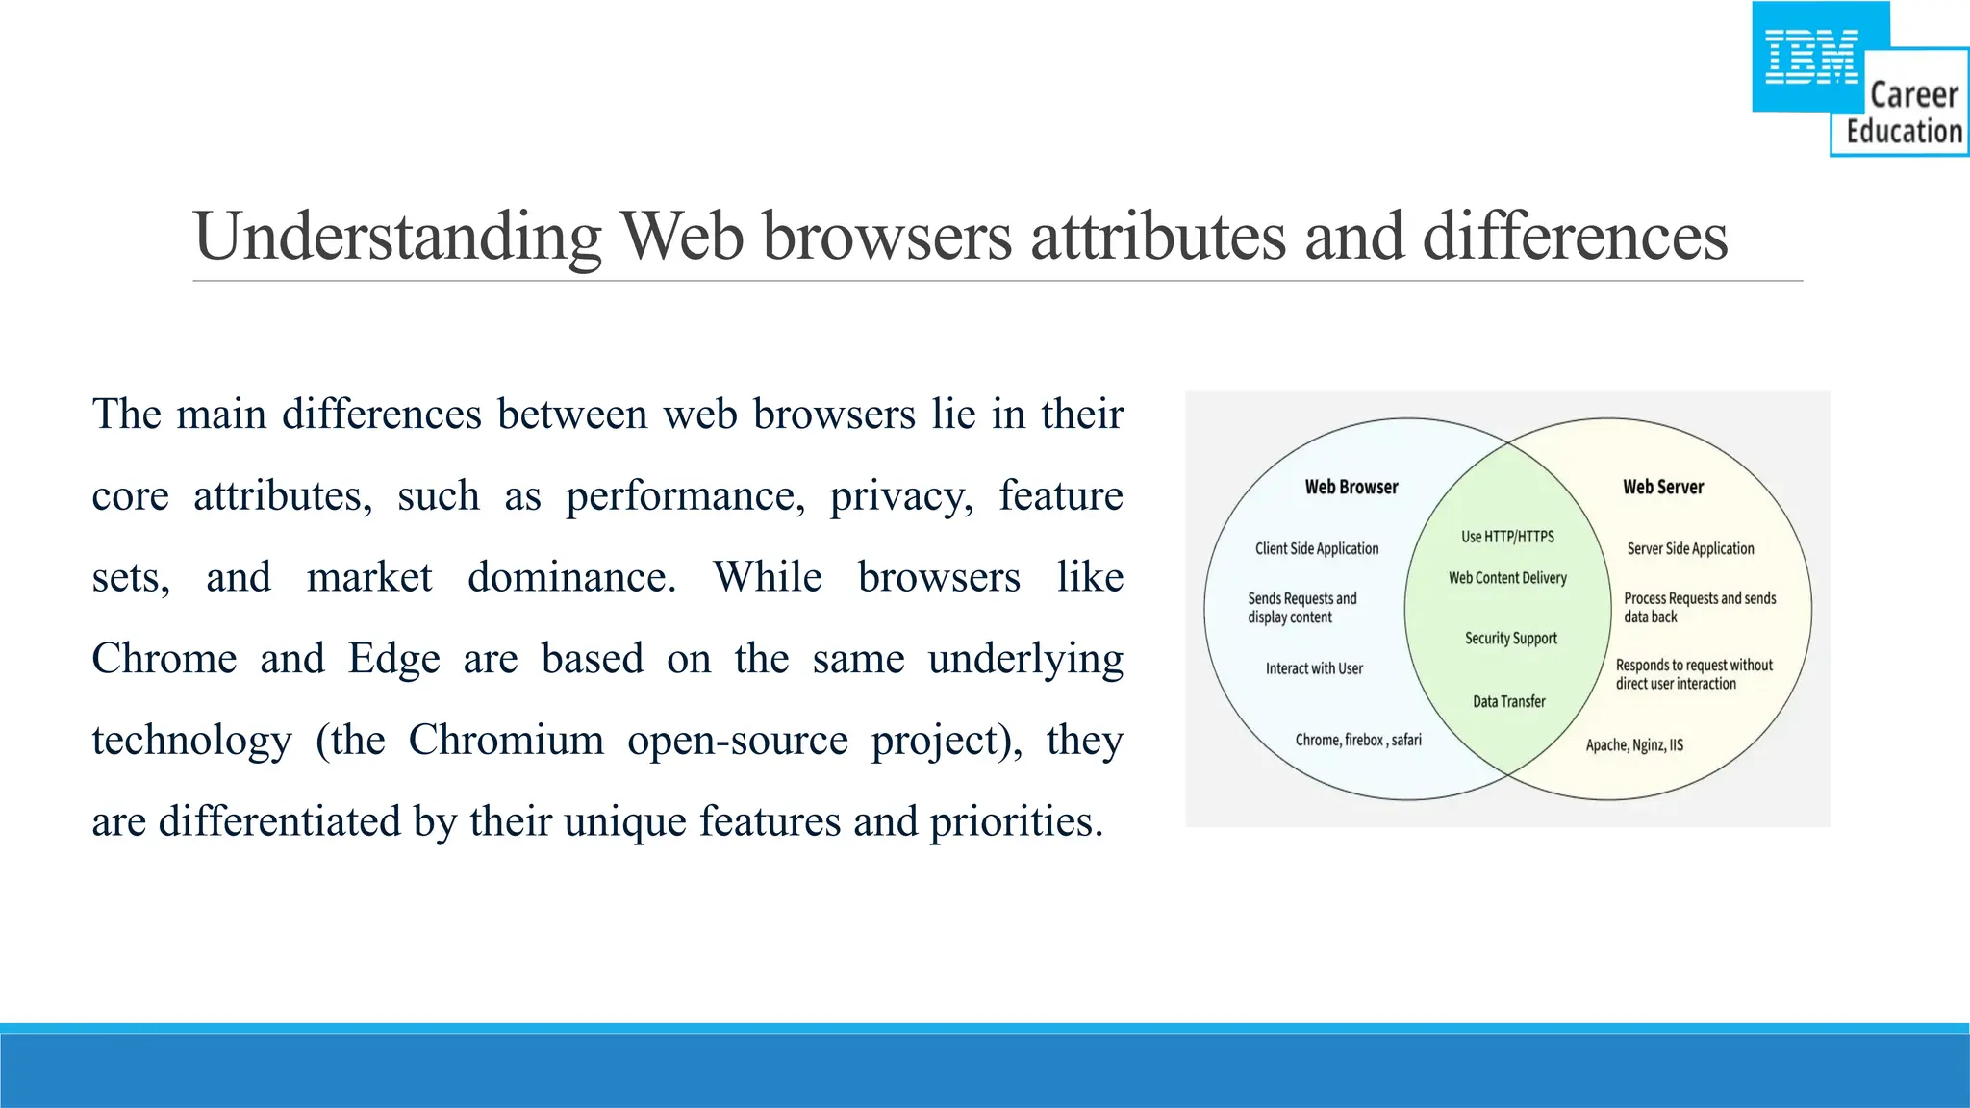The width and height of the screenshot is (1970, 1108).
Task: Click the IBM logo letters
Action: point(1811,57)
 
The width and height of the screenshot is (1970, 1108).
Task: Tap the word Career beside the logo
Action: point(1914,95)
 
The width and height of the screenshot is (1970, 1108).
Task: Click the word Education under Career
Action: point(1904,131)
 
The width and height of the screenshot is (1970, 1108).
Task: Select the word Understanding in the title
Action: point(397,237)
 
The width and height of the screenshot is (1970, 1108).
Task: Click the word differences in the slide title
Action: point(1575,237)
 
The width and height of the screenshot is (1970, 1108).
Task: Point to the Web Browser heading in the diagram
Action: point(1351,488)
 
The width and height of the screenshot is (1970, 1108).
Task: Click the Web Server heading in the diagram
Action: point(1663,488)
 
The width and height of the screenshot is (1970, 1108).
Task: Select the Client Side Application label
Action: point(1317,548)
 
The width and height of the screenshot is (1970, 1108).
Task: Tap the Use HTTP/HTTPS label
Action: point(1507,537)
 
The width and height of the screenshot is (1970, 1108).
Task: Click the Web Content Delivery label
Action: point(1507,578)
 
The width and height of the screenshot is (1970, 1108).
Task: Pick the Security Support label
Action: point(1510,639)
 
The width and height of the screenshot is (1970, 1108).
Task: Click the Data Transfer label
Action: point(1508,702)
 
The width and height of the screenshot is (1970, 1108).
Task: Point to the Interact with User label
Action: point(1314,668)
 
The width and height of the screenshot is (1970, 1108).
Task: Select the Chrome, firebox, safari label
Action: point(1358,740)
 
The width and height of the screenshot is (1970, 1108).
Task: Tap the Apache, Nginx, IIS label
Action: point(1634,745)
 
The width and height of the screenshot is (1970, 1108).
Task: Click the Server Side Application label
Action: point(1690,548)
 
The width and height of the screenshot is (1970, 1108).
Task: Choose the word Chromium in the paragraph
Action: point(506,740)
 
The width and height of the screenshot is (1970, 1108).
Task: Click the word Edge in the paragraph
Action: point(394,659)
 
